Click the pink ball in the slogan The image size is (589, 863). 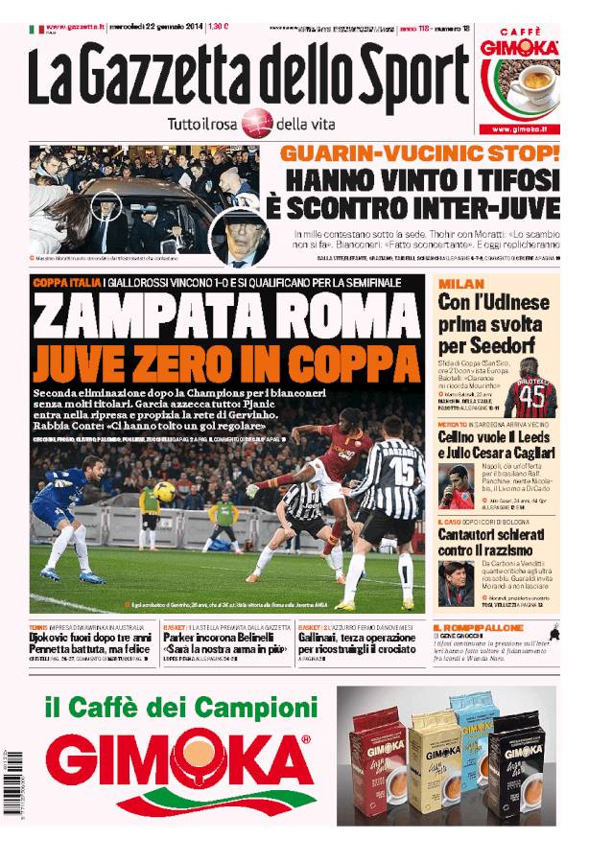coord(256,123)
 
